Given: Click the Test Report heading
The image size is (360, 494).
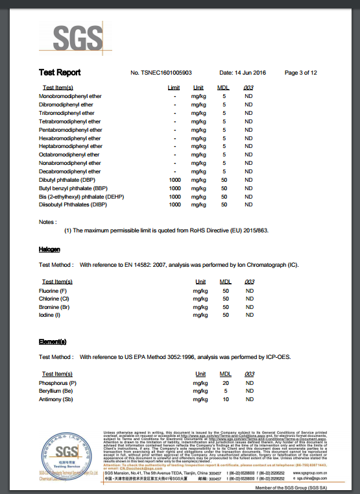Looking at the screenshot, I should [60, 73].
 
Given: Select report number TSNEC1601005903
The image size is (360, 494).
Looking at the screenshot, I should [161, 73].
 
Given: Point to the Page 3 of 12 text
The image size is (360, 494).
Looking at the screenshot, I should [300, 73].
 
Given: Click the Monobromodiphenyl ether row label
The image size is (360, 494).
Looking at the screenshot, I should [70, 96].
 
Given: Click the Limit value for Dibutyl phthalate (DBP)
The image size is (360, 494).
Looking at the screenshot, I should [174, 179].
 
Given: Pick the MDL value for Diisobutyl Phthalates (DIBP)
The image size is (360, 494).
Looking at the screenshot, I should [224, 204].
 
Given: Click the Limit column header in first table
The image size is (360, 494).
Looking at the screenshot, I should [174, 88].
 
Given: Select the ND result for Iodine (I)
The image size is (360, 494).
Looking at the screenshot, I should [249, 315].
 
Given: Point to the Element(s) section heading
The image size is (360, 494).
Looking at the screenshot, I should [53, 341].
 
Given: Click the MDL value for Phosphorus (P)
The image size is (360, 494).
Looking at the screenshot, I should [224, 383].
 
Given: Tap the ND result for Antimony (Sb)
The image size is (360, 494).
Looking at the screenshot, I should [249, 400].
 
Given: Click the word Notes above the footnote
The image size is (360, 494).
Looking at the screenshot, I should [48, 221].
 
